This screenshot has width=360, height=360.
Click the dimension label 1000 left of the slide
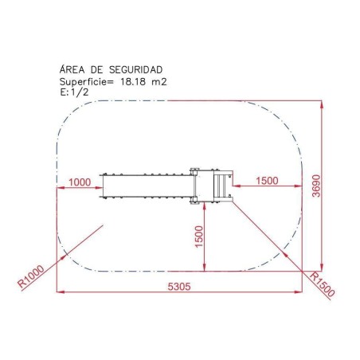tap(80, 182)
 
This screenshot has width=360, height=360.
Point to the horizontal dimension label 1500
tap(267, 181)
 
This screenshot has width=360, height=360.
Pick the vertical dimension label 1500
tap(199, 236)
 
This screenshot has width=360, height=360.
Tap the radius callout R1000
tap(30, 277)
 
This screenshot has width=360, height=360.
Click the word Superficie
tap(86, 80)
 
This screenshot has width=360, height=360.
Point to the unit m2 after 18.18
tap(159, 80)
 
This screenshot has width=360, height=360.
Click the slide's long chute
tap(147, 186)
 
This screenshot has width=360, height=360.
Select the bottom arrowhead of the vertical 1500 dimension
tap(206, 268)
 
